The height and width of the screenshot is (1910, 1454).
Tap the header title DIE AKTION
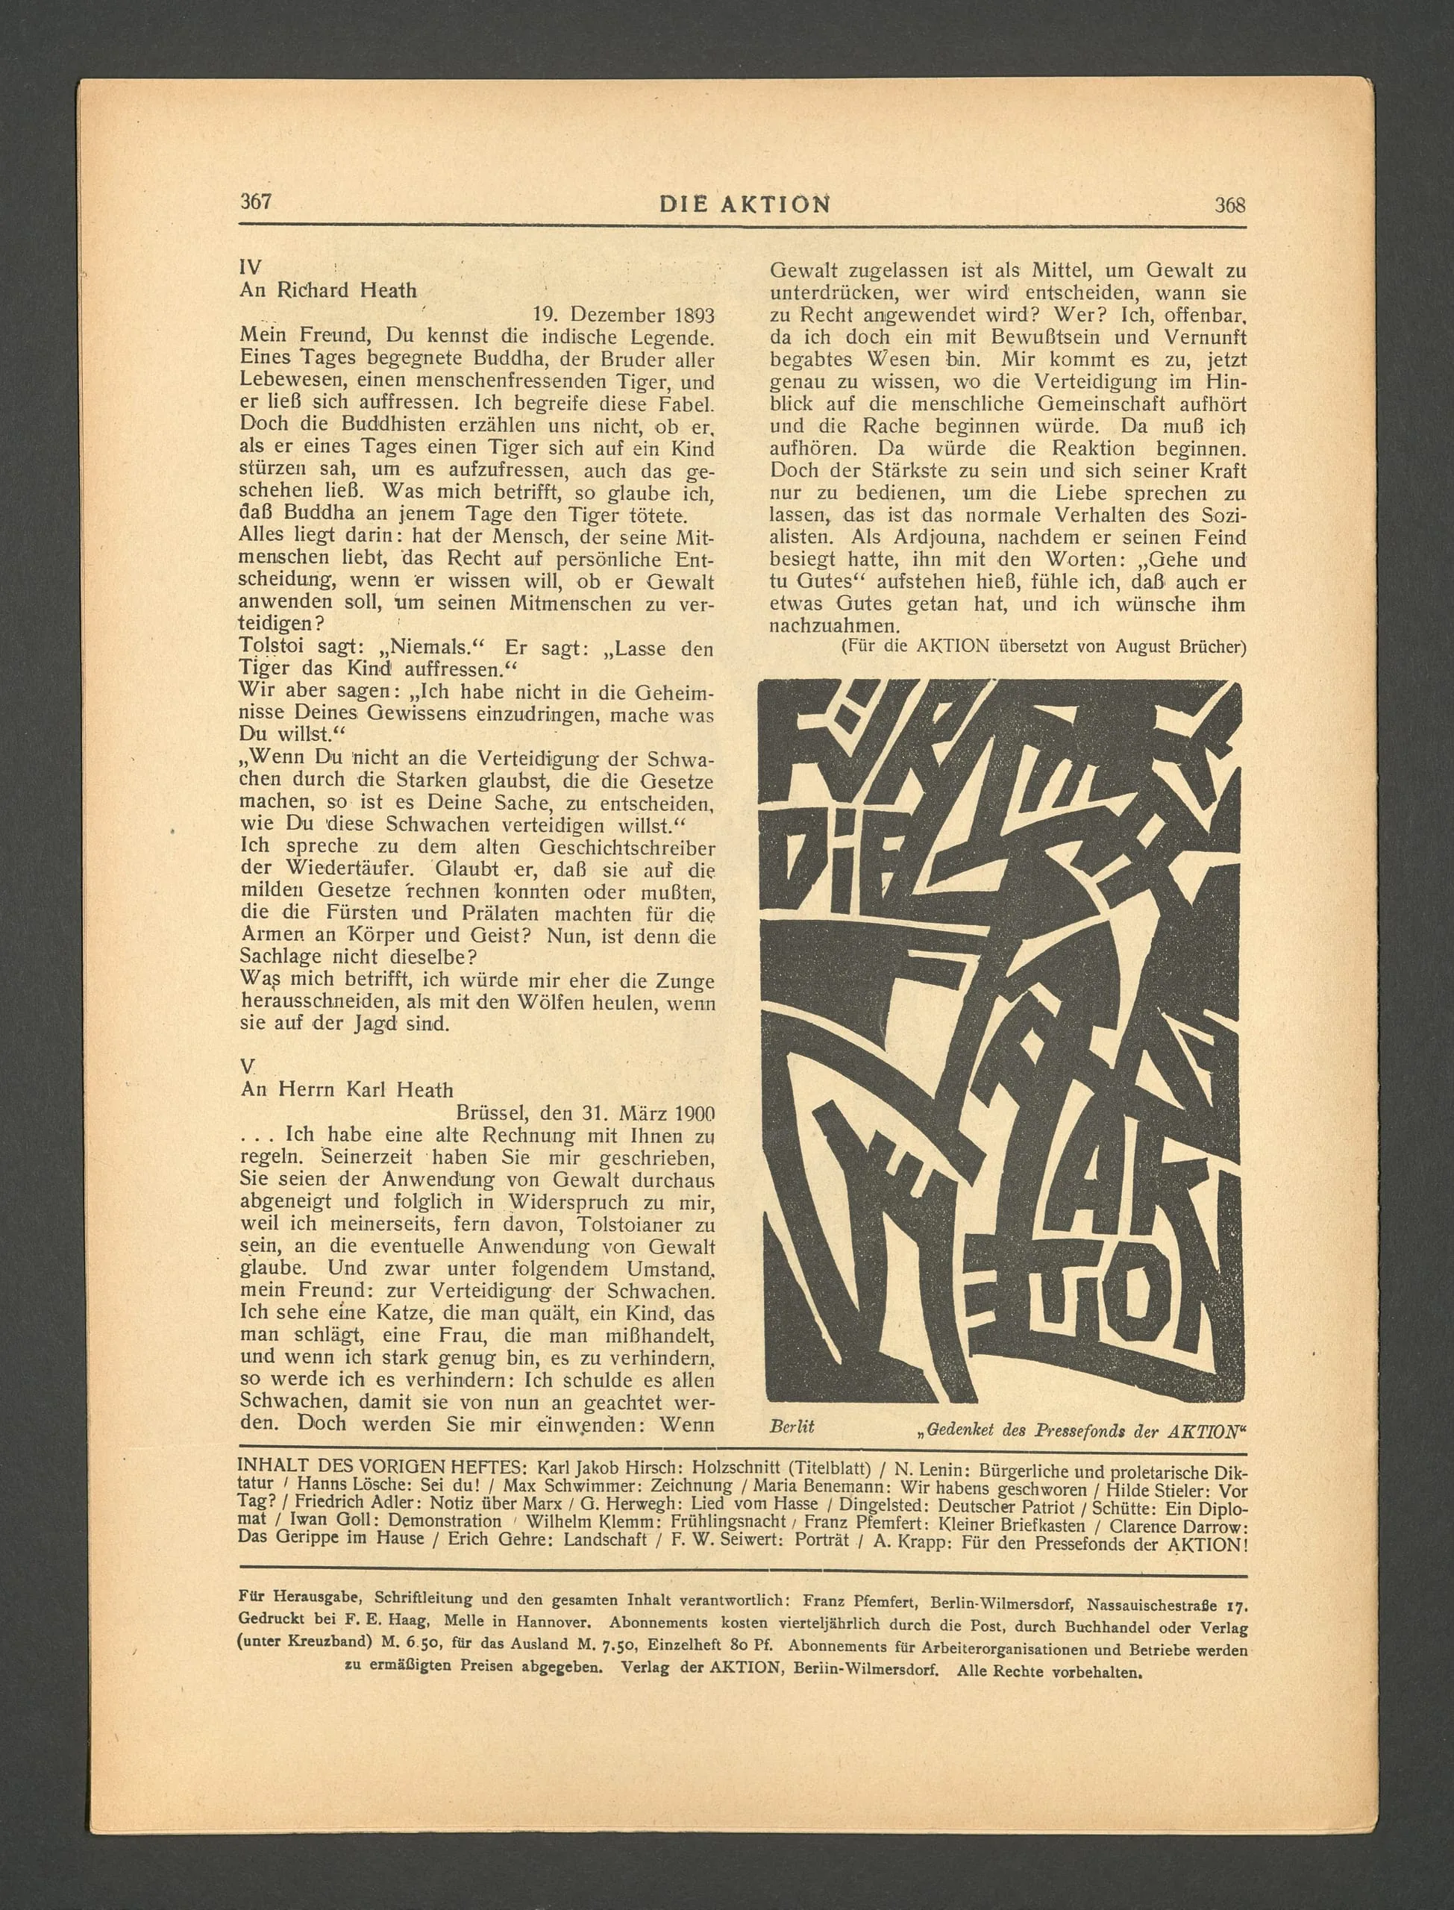click(745, 204)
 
